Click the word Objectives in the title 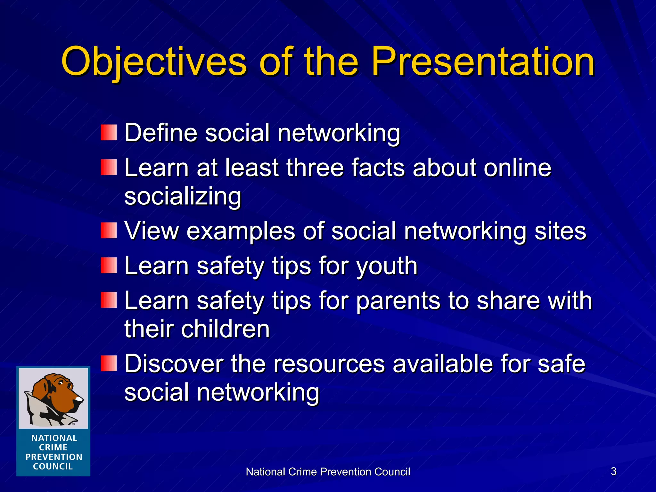154,61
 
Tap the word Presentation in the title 483,61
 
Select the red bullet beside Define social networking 109,133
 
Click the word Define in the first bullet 161,133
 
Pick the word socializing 183,196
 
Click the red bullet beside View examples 109,231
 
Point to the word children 225,329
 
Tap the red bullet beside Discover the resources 109,363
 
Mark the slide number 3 613,471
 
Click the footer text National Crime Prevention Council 328,472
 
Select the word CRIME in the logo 53,447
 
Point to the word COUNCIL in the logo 53,466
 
